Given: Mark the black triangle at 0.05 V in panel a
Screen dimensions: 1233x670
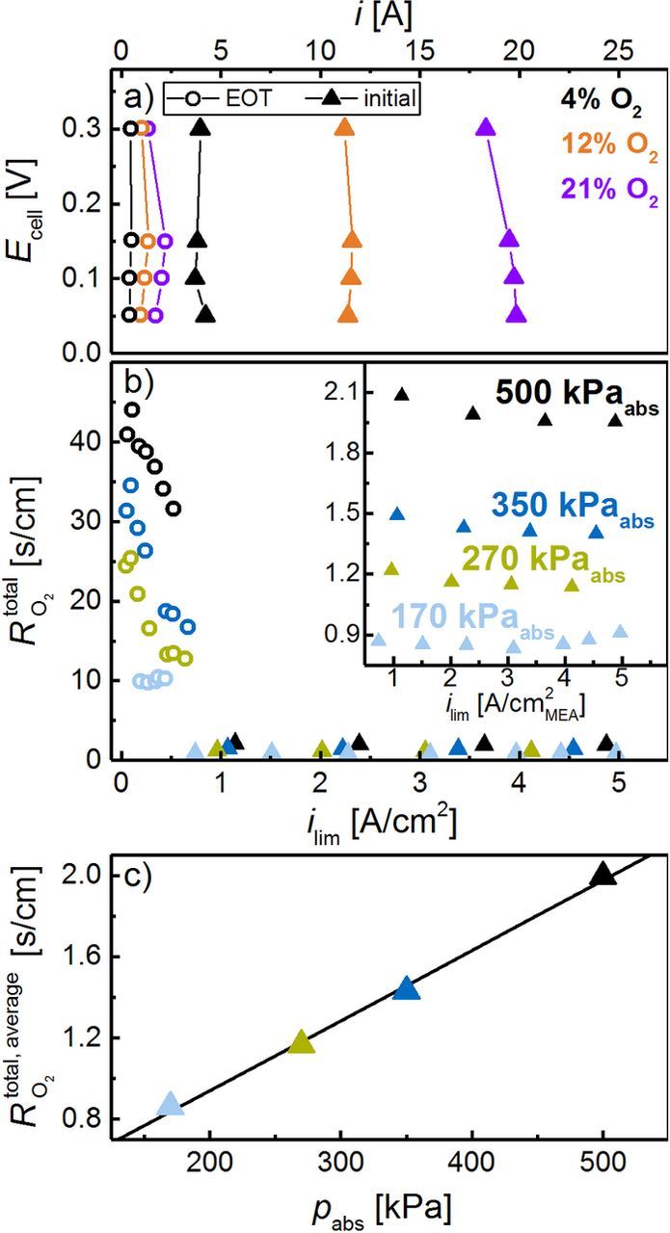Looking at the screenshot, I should click(x=205, y=314).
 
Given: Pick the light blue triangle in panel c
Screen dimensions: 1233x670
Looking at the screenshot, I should click(x=170, y=1104).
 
